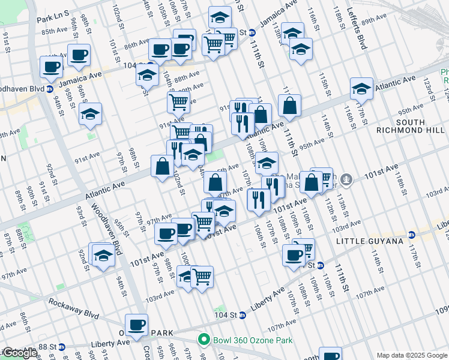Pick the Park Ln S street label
pos(52,19)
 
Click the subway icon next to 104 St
pos(243,314)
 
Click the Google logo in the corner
pos(19,353)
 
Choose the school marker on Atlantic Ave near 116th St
pos(362,89)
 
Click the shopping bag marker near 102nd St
pos(162,166)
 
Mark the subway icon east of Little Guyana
pos(412,235)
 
